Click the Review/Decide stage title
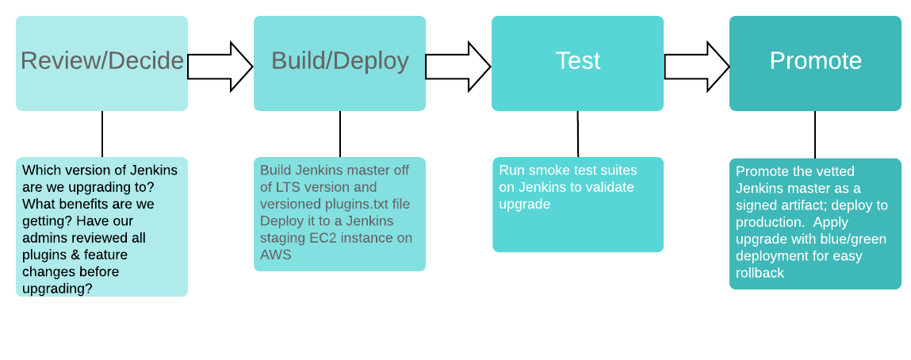[x=102, y=61]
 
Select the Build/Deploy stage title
[x=340, y=61]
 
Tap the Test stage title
[x=577, y=60]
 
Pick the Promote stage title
[x=815, y=60]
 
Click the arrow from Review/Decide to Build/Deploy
[x=220, y=67]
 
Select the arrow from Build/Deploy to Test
[x=458, y=67]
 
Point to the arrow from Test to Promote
[x=697, y=67]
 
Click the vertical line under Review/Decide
[x=102, y=133]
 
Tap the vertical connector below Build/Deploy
[x=340, y=133]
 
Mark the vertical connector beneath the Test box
[x=577, y=133]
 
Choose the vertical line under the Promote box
[x=814, y=134]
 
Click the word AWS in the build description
[x=275, y=255]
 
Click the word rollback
[x=760, y=273]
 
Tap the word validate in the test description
[x=611, y=188]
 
